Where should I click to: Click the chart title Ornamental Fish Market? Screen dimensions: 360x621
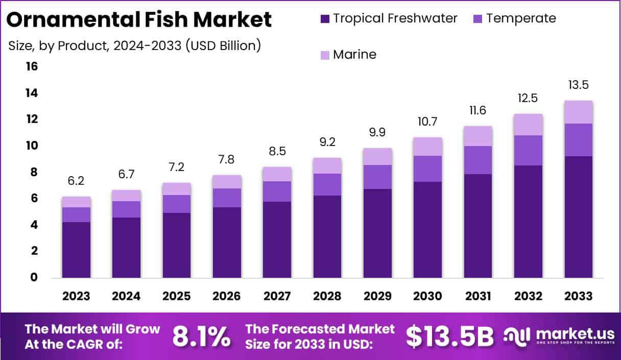[139, 20]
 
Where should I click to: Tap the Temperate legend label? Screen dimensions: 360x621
[521, 18]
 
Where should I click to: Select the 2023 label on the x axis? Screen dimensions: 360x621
[76, 296]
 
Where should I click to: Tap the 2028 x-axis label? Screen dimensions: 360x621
[327, 296]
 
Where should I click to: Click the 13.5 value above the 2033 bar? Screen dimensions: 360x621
[579, 85]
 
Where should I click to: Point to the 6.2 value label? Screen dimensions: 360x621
[76, 181]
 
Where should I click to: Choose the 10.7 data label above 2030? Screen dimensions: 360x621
[427, 122]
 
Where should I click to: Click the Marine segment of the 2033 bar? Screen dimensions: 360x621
[579, 112]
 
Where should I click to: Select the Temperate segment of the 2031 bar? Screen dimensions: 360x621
[478, 160]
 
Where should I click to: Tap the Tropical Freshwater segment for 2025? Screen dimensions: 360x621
[176, 245]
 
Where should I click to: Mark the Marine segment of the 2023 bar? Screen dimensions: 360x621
[76, 202]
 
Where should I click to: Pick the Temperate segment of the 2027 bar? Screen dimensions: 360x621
[277, 191]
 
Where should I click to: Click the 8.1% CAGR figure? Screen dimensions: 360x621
[201, 336]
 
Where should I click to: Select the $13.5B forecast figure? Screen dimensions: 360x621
[449, 336]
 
